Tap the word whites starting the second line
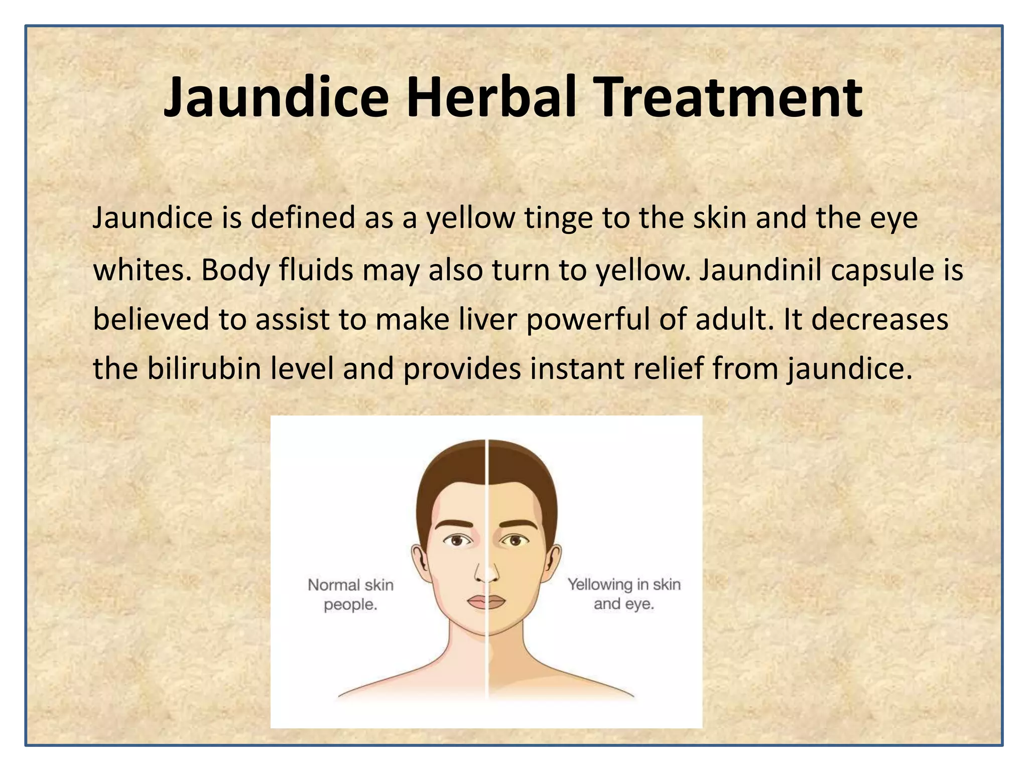[x=143, y=270]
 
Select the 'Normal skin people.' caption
[x=350, y=594]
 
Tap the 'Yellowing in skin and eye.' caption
[x=624, y=594]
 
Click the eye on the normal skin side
[x=457, y=541]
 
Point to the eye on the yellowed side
[x=515, y=541]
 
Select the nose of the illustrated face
[x=486, y=572]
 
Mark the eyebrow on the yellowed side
[x=517, y=524]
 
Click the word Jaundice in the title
[x=276, y=98]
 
